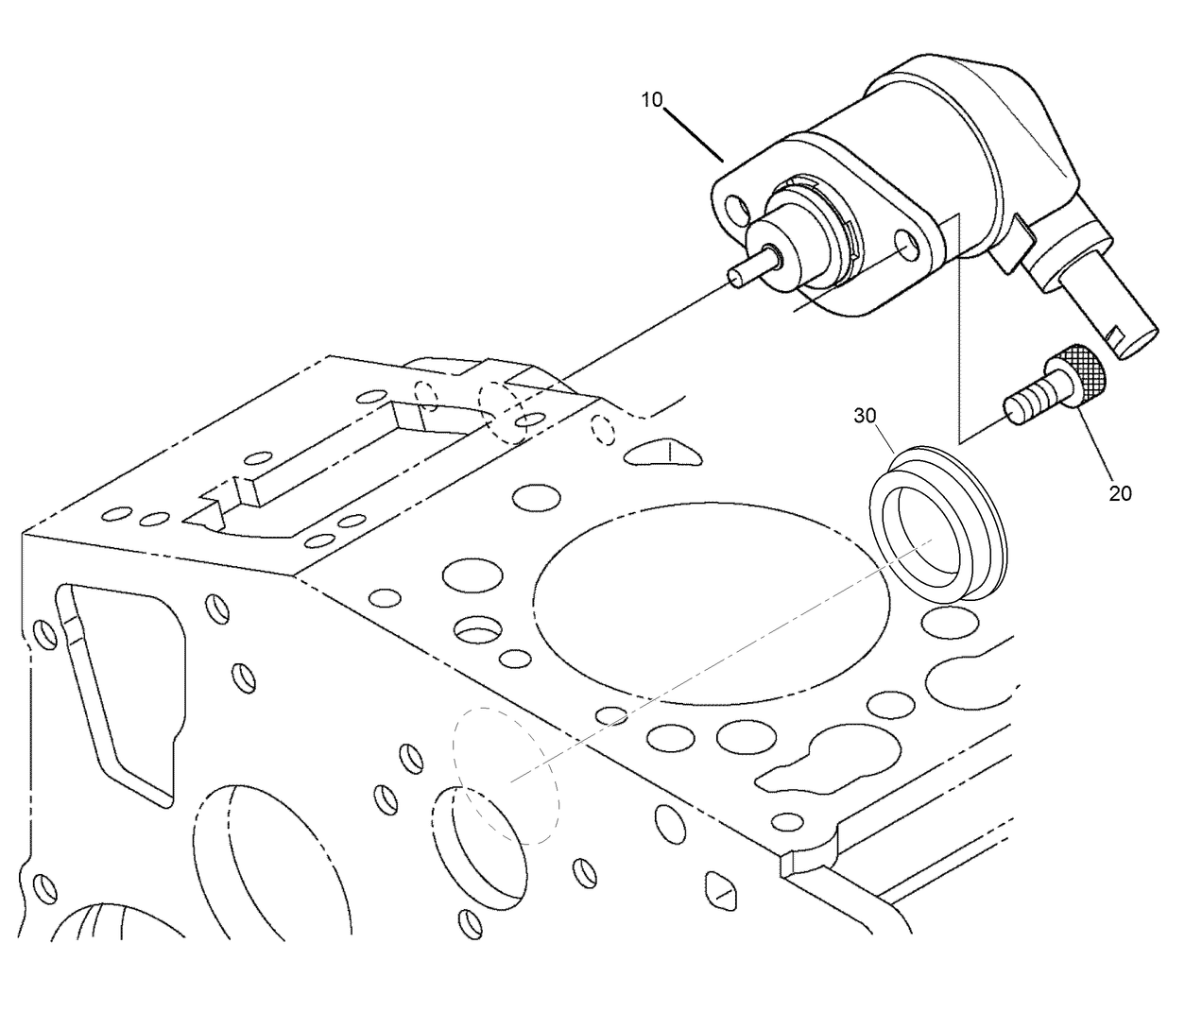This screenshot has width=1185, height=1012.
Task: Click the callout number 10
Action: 653,100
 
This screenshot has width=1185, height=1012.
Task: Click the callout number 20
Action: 1120,492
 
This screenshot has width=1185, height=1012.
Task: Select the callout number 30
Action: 867,416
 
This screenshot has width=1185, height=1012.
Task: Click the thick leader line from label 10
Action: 696,132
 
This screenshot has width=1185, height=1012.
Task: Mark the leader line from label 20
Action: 1097,444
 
